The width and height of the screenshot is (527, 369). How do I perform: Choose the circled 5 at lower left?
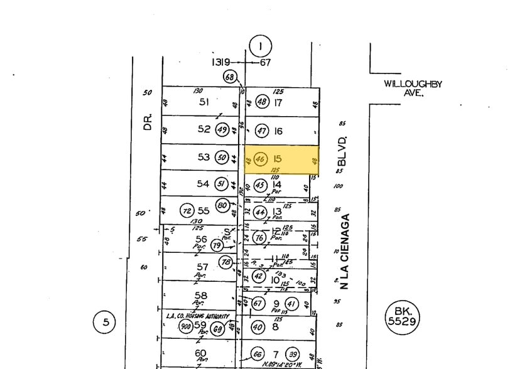coord(106,323)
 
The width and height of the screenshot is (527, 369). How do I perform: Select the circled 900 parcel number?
coord(186,326)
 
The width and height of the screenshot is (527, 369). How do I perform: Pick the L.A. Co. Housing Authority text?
coord(197,316)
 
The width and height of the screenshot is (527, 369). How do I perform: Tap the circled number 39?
coord(292,353)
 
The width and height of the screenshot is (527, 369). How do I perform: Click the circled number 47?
coord(262,131)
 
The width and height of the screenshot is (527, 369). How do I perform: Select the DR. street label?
coord(148,120)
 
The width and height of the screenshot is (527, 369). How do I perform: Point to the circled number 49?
coord(222,130)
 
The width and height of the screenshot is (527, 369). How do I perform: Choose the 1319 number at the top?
coord(220,62)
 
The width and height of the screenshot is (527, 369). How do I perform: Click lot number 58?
coord(201,295)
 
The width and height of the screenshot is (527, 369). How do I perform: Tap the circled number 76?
coord(260,237)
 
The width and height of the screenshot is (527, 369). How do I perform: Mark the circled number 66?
coord(258,353)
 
